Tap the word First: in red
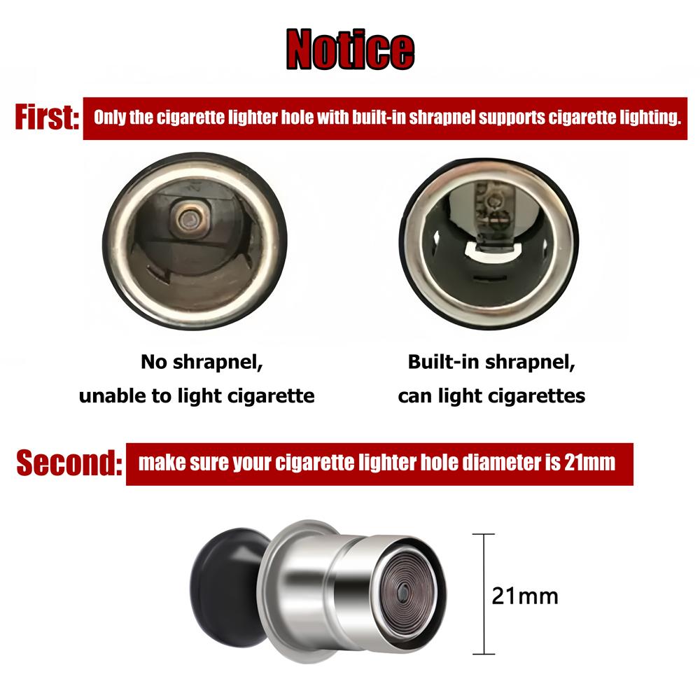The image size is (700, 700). coord(46,118)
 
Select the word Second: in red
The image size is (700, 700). coord(69,463)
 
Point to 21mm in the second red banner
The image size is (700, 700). coord(589,463)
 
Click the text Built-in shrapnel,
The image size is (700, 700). coord(491,363)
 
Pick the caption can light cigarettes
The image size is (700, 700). coord(491,395)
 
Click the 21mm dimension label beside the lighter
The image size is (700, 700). coord(525,596)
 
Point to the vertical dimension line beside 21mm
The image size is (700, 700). coord(483,560)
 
